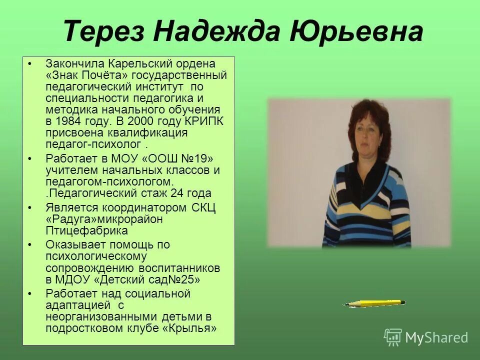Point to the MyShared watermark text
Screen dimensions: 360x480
[436, 337]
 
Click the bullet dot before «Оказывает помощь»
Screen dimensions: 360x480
[30, 245]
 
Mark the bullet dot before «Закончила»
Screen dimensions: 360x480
[30, 64]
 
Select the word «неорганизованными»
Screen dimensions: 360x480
[100, 316]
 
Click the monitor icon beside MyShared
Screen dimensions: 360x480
[392, 337]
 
